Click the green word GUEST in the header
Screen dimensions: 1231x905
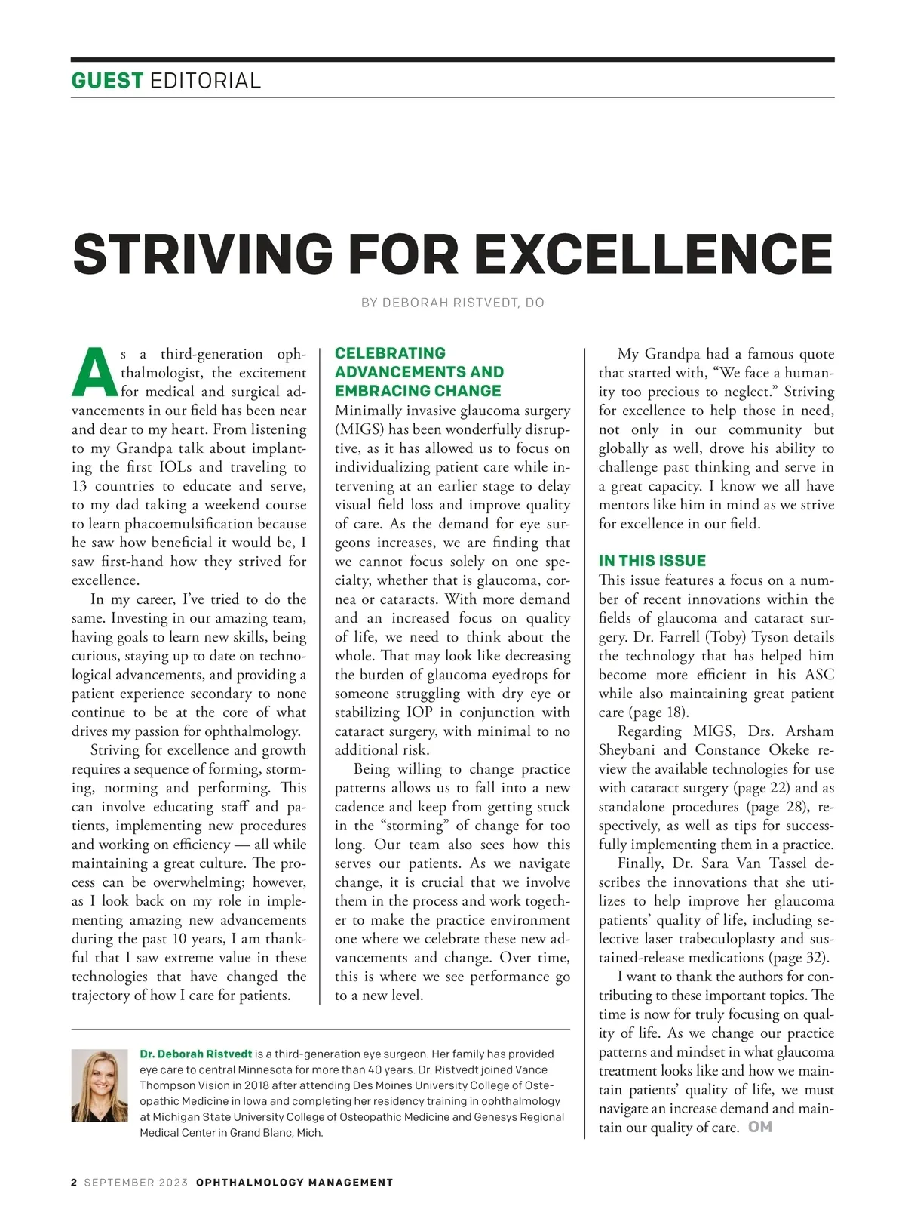click(x=107, y=81)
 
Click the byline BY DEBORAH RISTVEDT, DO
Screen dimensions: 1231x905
click(x=452, y=303)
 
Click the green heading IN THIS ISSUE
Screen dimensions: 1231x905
click(x=652, y=561)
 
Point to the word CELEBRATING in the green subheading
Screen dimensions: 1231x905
click(x=390, y=353)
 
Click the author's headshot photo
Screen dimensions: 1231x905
click(x=100, y=1085)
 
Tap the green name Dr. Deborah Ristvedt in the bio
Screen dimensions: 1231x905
click(x=196, y=1054)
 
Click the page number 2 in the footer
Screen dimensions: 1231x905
click(x=74, y=1183)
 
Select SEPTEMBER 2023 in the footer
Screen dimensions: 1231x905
click(x=136, y=1183)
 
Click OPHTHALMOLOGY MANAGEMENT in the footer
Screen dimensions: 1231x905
click(x=294, y=1183)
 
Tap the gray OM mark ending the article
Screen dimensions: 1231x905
click(x=760, y=1127)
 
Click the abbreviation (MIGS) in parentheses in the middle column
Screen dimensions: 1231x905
click(x=359, y=429)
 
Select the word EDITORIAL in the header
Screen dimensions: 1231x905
click(x=205, y=81)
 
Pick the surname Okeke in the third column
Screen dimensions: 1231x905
click(x=789, y=749)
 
